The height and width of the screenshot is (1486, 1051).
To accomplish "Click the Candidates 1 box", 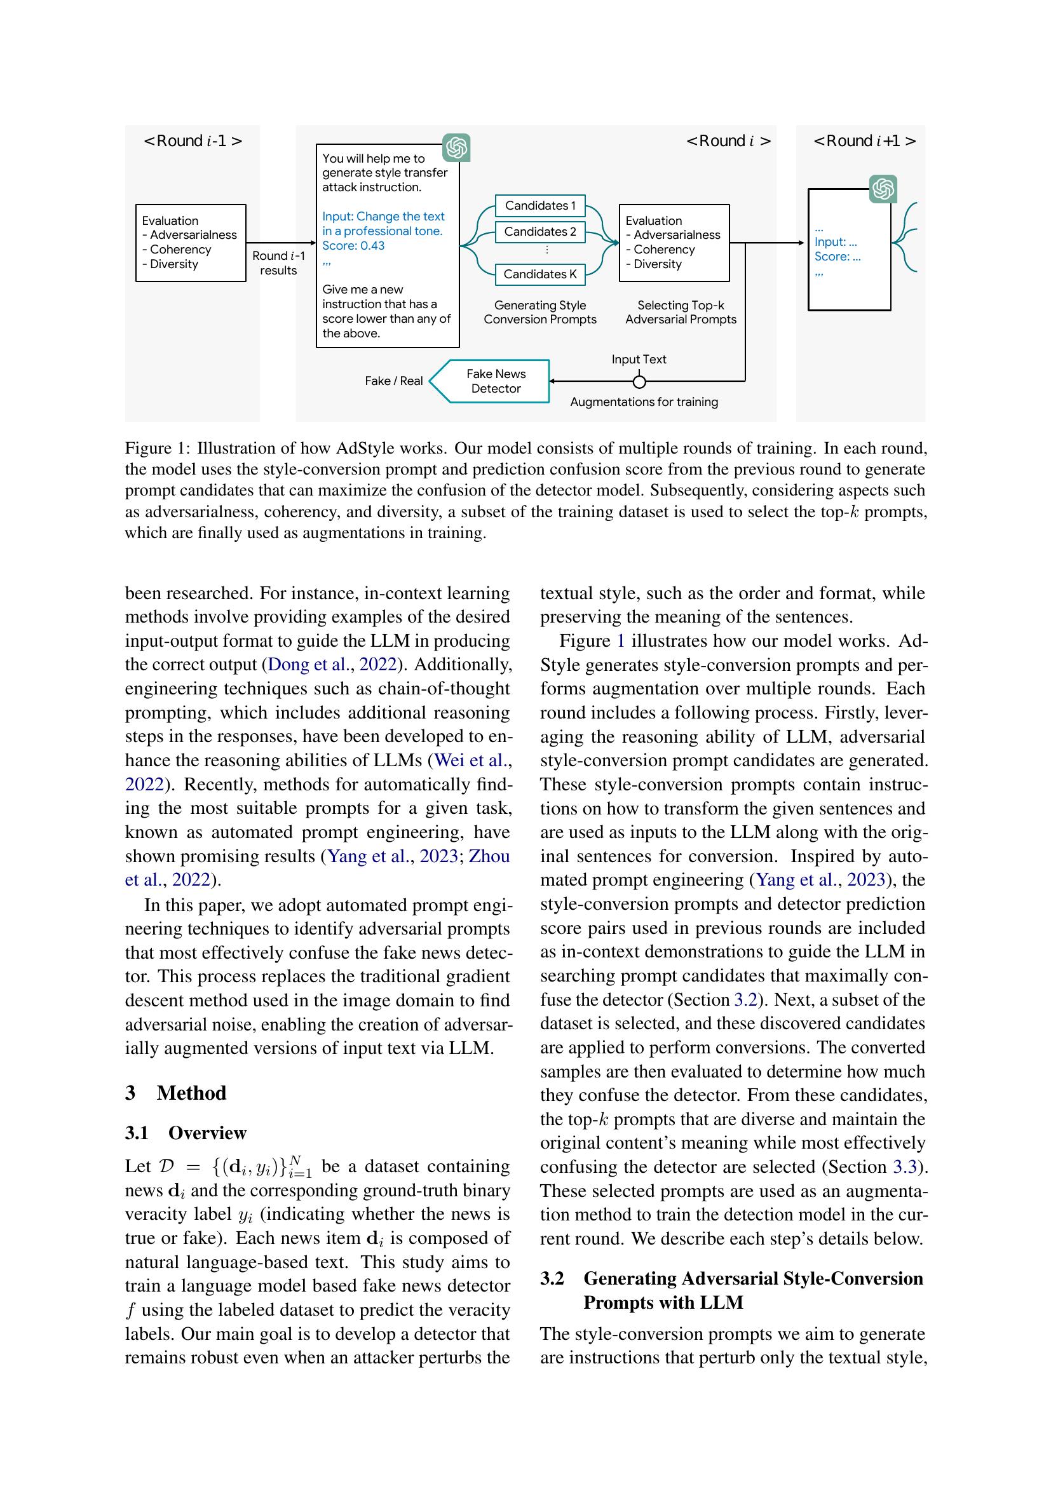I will (539, 206).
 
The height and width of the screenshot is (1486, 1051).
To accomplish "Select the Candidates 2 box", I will (539, 232).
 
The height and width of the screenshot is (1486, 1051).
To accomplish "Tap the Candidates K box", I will (539, 274).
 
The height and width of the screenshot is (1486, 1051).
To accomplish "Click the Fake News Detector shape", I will (495, 381).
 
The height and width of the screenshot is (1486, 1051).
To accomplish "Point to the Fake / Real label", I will (393, 381).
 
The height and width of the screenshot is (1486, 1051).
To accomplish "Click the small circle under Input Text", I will (639, 382).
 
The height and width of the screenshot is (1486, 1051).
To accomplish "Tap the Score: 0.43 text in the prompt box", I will (353, 246).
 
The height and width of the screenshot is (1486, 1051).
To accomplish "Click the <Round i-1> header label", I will (193, 141).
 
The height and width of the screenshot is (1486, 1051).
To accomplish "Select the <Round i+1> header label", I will (864, 141).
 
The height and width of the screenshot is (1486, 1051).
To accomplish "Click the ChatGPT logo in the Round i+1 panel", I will (883, 189).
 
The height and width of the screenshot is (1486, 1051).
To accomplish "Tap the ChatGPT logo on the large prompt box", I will (456, 147).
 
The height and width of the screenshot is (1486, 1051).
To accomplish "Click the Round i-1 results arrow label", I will (278, 263).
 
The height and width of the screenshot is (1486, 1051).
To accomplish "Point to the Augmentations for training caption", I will (644, 402).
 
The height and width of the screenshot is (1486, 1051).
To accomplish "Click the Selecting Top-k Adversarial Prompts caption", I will (681, 312).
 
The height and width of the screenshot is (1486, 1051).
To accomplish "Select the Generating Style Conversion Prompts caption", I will (539, 312).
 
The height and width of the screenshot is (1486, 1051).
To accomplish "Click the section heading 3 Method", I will (176, 1093).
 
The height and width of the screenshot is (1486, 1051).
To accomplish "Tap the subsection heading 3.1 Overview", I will (186, 1133).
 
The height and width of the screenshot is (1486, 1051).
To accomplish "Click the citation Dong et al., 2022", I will (331, 665).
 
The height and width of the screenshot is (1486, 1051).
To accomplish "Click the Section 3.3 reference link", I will (905, 1167).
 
